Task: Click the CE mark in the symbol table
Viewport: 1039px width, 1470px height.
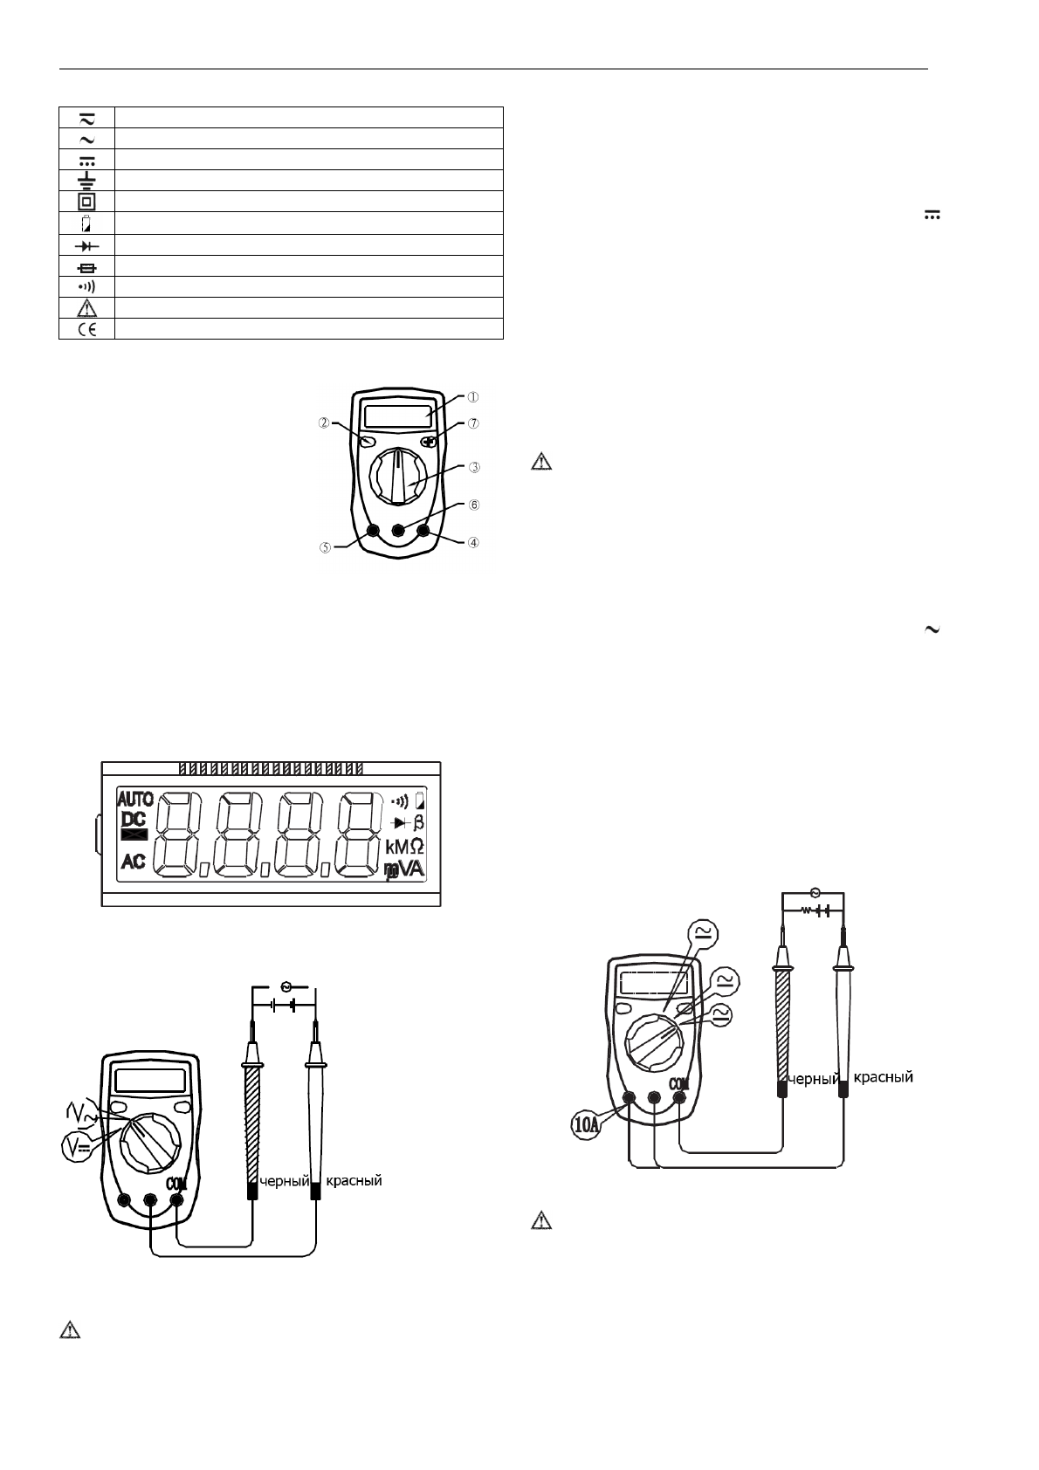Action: click(x=86, y=329)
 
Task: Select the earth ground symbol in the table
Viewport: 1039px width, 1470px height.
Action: click(x=86, y=179)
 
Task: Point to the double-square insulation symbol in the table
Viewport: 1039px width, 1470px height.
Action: click(x=86, y=201)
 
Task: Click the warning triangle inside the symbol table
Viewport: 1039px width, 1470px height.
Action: click(x=86, y=308)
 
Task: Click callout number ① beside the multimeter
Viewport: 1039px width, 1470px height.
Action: click(x=472, y=397)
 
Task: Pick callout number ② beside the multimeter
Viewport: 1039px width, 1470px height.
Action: click(x=324, y=423)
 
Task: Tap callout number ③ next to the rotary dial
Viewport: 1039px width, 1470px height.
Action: click(x=474, y=467)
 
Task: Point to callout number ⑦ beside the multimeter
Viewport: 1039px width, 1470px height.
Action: click(x=474, y=423)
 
